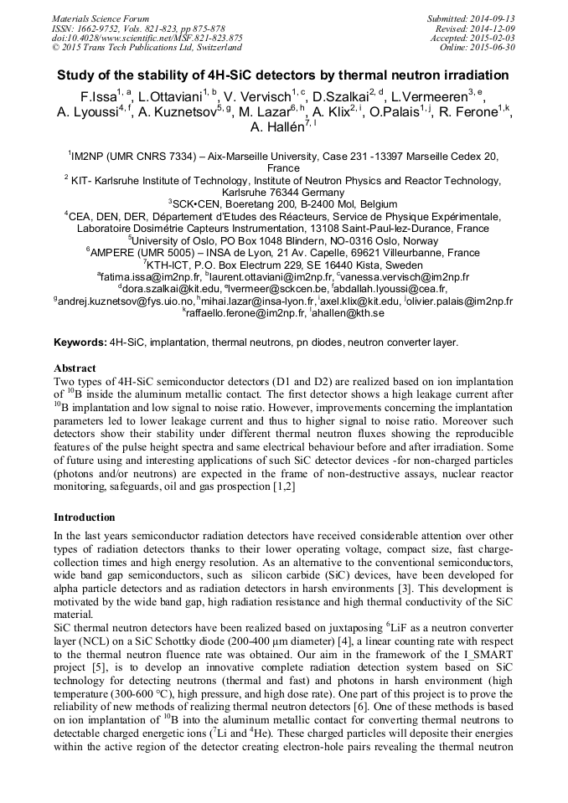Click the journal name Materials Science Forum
pyautogui.click(x=101, y=18)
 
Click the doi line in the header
pyautogui.click(x=147, y=38)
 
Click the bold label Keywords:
pyautogui.click(x=80, y=342)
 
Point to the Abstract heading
pyautogui.click(x=75, y=368)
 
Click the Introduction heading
pyautogui.click(x=84, y=517)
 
